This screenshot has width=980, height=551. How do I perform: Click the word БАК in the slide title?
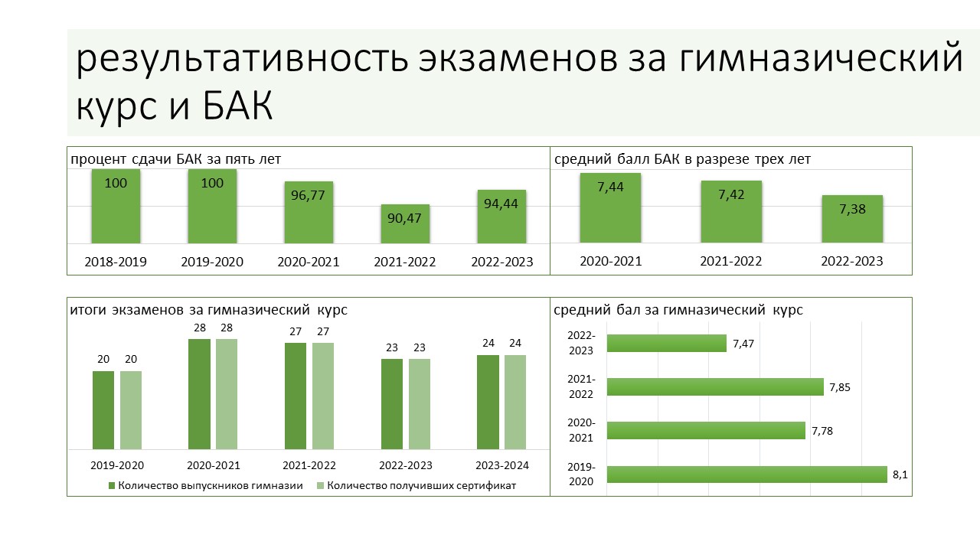(x=238, y=106)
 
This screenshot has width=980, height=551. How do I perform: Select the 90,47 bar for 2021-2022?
(x=405, y=223)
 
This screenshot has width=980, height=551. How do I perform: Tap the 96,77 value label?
(x=308, y=195)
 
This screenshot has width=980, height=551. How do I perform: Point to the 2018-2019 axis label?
(x=116, y=262)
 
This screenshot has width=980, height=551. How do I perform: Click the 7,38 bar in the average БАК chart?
(x=852, y=219)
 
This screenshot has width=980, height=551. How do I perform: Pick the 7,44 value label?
(x=610, y=187)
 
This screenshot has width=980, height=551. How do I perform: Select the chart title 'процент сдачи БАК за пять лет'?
(x=175, y=158)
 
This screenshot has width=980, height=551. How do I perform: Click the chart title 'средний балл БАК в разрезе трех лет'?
(x=682, y=158)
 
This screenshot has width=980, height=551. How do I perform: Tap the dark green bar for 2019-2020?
(x=103, y=410)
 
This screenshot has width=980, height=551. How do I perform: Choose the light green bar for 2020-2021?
(x=227, y=394)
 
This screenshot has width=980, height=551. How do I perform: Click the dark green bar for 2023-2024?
(x=488, y=403)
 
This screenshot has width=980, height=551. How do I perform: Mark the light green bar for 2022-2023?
(x=420, y=404)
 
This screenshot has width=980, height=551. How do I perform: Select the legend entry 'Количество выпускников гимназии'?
(x=206, y=485)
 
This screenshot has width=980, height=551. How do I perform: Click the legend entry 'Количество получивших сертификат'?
(x=416, y=485)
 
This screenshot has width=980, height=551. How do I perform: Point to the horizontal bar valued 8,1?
(x=746, y=474)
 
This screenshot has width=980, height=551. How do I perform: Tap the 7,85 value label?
(x=840, y=387)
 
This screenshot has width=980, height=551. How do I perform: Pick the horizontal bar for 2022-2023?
(x=667, y=344)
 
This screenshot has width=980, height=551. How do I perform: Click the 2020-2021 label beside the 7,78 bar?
(x=581, y=430)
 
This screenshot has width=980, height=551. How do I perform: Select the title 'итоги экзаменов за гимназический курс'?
(x=209, y=310)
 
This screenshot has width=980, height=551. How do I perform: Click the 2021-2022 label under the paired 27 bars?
(x=309, y=465)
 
